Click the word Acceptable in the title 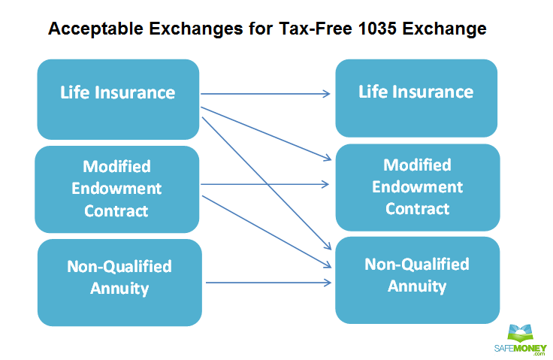(x=95, y=29)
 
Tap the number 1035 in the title (x=377, y=29)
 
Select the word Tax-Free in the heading (x=316, y=29)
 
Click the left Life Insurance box (x=118, y=99)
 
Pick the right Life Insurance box (x=416, y=98)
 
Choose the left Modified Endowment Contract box (x=116, y=189)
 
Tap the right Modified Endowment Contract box (x=418, y=187)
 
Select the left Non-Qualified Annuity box (x=119, y=283)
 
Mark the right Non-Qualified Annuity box (x=417, y=280)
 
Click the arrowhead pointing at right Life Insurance (x=326, y=94)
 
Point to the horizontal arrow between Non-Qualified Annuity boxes (x=268, y=283)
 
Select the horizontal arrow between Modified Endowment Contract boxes (x=264, y=184)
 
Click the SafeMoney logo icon (x=520, y=334)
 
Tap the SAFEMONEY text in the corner (x=520, y=349)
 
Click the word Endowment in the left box (x=116, y=189)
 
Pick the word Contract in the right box (x=417, y=209)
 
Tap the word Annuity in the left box (x=119, y=289)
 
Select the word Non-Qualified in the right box (x=417, y=265)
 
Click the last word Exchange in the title (x=444, y=29)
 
